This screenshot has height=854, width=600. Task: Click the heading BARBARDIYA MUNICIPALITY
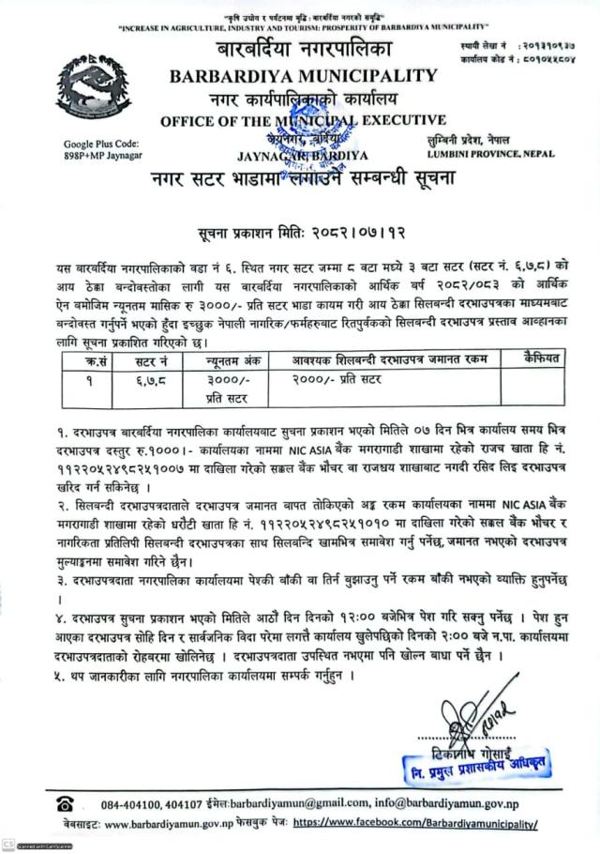click(302, 76)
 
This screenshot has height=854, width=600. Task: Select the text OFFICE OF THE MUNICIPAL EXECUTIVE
click(302, 120)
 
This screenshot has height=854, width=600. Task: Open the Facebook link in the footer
click(416, 823)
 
